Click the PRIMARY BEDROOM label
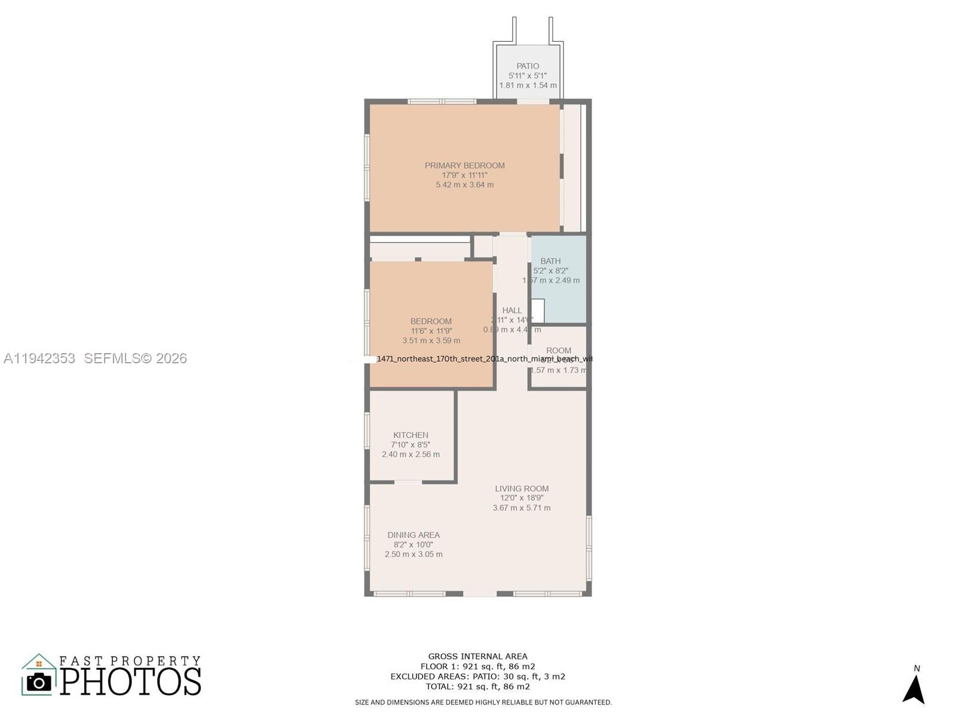(x=464, y=166)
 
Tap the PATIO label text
(x=528, y=66)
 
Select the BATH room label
(x=550, y=261)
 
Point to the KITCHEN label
(x=410, y=435)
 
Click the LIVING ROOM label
(x=522, y=488)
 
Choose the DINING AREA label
(x=413, y=535)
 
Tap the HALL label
(x=512, y=310)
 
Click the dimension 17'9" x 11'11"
(x=464, y=175)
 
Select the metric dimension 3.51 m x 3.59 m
(x=431, y=341)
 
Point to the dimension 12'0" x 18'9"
(x=522, y=498)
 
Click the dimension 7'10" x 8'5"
(x=410, y=445)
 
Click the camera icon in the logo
(x=39, y=682)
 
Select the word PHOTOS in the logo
(x=130, y=682)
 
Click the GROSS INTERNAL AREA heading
(x=477, y=656)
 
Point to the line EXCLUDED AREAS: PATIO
(x=477, y=676)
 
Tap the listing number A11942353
(x=39, y=358)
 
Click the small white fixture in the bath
(x=538, y=311)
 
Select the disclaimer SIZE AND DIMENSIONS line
(x=483, y=702)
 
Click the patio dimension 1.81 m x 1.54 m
(x=528, y=85)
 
